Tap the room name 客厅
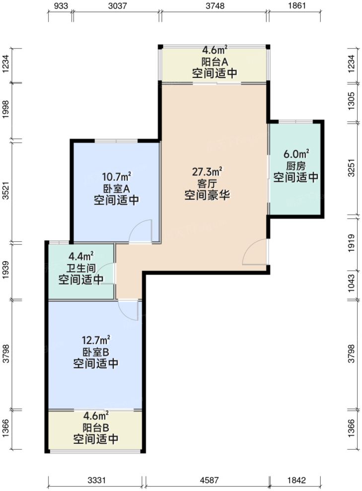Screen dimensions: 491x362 pyautogui.click(x=207, y=184)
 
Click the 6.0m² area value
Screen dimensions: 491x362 pyautogui.click(x=295, y=154)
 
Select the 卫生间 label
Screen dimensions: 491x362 pyautogui.click(x=81, y=268)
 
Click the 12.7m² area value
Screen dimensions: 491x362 pyautogui.click(x=96, y=341)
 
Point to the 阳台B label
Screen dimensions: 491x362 pyautogui.click(x=96, y=428)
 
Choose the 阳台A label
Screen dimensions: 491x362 pyautogui.click(x=214, y=62)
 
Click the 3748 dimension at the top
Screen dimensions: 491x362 pyautogui.click(x=214, y=6)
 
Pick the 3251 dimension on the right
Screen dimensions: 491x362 pyautogui.click(x=353, y=168)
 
